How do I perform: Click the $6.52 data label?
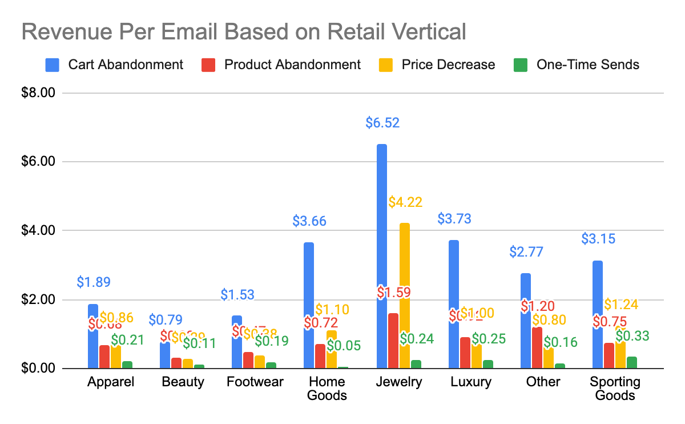click(x=382, y=122)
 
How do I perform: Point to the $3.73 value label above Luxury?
click(x=454, y=218)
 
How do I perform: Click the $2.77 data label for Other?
click(x=526, y=251)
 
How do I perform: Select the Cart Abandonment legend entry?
click(x=115, y=64)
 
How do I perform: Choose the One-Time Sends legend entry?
click(x=577, y=64)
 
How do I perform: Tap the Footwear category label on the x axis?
click(x=255, y=382)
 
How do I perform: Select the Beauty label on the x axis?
click(x=183, y=382)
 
